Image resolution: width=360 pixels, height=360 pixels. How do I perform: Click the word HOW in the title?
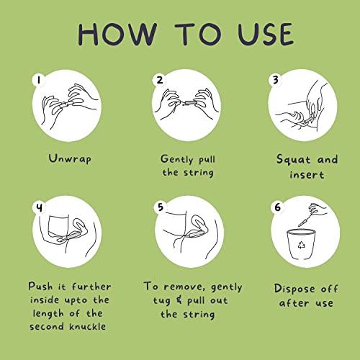118,35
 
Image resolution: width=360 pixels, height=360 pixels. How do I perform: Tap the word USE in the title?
266,35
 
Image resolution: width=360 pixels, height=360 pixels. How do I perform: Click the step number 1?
39,80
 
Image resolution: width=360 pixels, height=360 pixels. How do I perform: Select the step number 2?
160,80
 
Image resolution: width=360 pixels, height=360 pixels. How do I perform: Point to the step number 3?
276,80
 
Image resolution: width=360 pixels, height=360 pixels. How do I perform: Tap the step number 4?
40,207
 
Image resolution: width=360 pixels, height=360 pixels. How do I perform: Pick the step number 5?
161,207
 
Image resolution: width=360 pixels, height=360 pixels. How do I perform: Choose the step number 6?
277,207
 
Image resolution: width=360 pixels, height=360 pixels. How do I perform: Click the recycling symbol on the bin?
302,245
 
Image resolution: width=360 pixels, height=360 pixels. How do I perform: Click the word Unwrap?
70,158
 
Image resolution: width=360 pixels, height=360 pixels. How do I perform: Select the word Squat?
293,159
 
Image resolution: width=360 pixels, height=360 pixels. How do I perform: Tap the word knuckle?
88,326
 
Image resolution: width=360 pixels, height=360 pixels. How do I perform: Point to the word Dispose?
294,289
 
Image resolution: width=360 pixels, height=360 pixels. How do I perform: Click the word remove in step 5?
184,287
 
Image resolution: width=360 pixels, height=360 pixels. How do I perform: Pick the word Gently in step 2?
177,159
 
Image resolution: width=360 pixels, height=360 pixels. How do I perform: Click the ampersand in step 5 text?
179,300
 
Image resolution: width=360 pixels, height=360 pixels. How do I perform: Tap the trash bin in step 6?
301,244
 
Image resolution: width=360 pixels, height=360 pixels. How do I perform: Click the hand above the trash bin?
318,209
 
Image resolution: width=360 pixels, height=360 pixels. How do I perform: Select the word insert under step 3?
307,175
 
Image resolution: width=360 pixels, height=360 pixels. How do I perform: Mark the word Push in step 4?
40,286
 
